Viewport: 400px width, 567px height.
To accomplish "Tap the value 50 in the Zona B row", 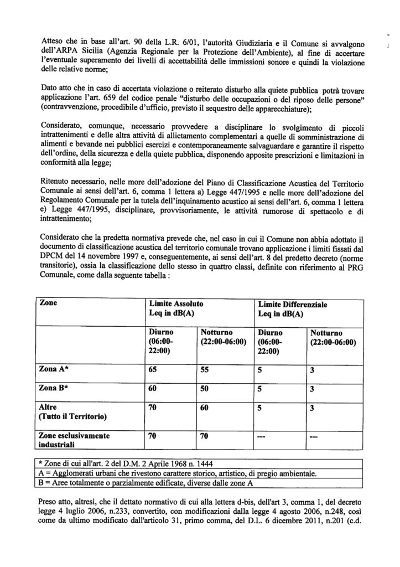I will point(204,389).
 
